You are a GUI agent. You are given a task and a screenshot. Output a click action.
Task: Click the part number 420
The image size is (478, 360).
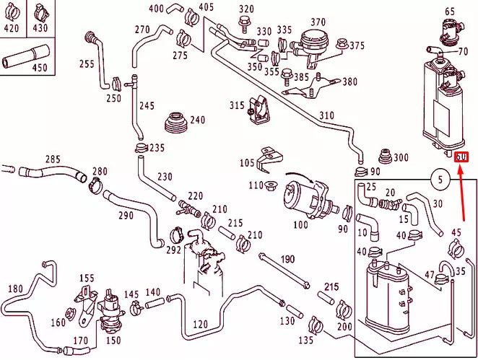pyautogui.click(x=12, y=29)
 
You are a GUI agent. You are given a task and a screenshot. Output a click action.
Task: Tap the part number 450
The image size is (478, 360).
pyautogui.click(x=39, y=68)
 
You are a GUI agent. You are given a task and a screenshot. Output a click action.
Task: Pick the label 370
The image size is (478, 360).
pyautogui.click(x=318, y=22)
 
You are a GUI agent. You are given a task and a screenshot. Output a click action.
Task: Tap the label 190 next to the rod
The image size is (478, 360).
pyautogui.click(x=288, y=259)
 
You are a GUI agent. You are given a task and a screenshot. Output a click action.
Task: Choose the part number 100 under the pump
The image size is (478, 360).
pyautogui.click(x=300, y=224)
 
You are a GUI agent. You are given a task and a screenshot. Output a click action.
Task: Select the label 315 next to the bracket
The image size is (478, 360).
pyautogui.click(x=237, y=105)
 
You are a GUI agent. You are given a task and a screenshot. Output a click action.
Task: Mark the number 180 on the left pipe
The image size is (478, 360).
pyautogui.click(x=15, y=289)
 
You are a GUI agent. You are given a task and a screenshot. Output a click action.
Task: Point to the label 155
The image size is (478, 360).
pyautogui.click(x=87, y=278)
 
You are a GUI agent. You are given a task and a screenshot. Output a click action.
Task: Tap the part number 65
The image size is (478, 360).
pyautogui.click(x=449, y=12)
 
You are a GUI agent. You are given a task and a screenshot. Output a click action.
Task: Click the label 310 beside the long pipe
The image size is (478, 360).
pyautogui.click(x=326, y=115)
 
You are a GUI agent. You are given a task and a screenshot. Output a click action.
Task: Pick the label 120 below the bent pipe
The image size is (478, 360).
pyautogui.click(x=200, y=324)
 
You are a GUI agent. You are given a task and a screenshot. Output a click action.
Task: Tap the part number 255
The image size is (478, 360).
pyautogui.click(x=87, y=63)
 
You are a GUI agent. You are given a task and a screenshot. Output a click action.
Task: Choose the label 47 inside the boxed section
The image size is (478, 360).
pyautogui.click(x=429, y=275)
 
